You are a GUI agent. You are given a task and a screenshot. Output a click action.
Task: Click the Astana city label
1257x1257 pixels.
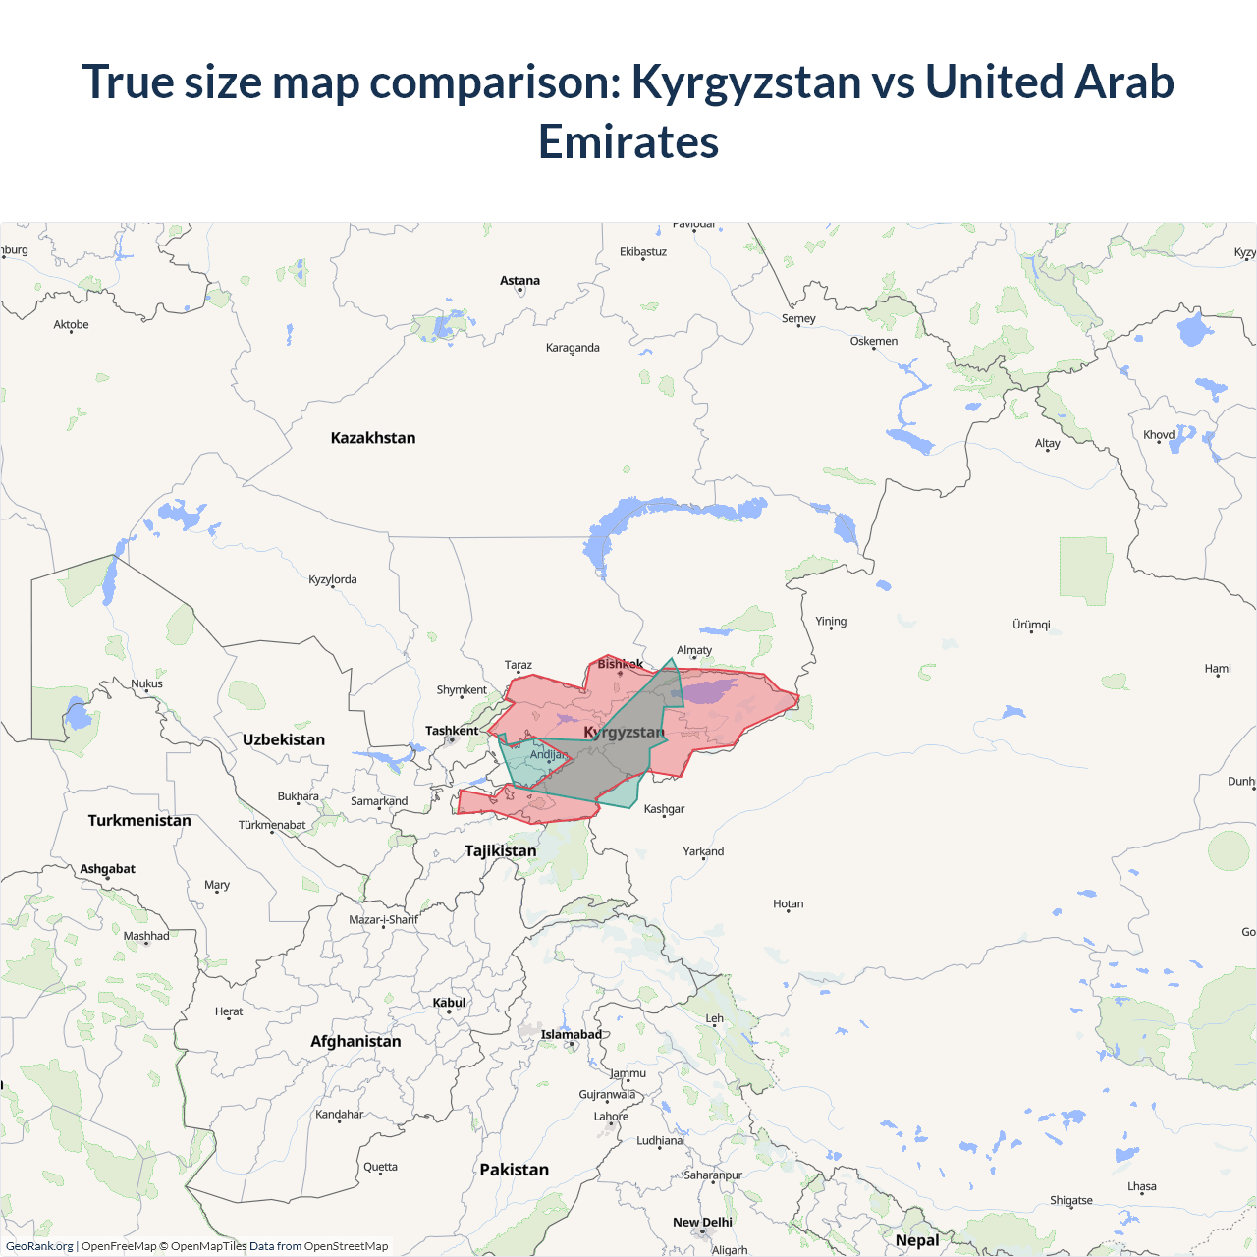point(519,281)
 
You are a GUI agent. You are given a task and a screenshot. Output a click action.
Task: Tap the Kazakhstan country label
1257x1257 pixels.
point(373,438)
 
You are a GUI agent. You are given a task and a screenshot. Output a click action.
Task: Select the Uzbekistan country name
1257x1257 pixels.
point(284,739)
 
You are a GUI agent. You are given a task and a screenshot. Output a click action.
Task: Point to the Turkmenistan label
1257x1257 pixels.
point(139,820)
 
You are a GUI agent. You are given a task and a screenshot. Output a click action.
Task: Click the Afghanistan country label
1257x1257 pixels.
point(355,1041)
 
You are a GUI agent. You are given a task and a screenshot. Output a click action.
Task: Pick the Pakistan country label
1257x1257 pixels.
point(514,1170)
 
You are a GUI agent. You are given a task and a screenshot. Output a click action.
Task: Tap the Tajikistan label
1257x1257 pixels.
point(501,850)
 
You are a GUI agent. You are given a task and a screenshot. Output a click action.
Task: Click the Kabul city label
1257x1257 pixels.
point(449,1003)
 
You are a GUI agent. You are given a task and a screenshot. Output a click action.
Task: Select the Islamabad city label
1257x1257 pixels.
point(571,1034)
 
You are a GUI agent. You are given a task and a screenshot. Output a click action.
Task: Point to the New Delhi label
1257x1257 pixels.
point(702,1223)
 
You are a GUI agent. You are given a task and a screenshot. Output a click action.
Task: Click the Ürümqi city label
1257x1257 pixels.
point(1031,625)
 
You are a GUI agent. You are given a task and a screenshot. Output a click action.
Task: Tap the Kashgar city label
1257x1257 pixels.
point(664,809)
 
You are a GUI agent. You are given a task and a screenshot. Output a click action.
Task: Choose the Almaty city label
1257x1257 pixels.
point(694,650)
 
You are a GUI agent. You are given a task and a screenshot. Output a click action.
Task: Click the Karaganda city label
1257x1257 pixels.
point(573,348)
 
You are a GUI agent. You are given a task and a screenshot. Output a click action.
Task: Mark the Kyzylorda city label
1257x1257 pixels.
point(333,579)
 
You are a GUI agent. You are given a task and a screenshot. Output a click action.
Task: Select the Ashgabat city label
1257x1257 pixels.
point(108,869)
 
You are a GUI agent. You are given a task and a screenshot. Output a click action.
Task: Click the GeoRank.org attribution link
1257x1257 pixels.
point(39,1246)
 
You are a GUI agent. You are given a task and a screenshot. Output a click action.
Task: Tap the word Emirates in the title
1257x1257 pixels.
point(628,141)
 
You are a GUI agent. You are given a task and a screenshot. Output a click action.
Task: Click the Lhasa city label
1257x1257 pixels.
point(1141,1186)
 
